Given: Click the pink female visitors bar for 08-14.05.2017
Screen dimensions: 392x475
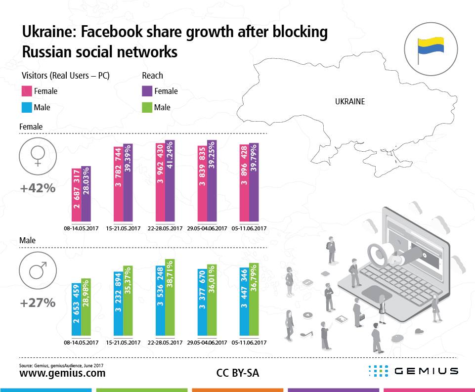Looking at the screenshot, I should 77,195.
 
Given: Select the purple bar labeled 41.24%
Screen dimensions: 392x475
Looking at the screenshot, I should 170,181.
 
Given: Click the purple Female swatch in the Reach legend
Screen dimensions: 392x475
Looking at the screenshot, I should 147,91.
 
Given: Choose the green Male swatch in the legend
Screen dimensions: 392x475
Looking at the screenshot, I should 147,107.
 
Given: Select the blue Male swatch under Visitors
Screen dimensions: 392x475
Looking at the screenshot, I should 27,107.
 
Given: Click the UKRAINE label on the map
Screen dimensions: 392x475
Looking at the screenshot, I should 349,102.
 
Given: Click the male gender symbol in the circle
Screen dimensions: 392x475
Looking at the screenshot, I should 37,270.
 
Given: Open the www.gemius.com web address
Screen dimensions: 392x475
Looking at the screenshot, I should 62,373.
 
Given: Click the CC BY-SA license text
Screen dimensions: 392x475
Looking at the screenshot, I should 237,373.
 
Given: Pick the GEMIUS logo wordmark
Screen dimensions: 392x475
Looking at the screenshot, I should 426,371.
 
